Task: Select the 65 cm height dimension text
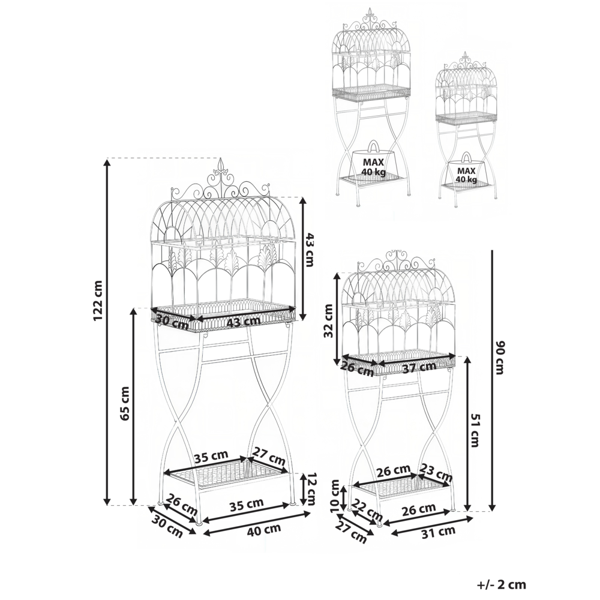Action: [125, 403]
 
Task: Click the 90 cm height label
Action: [499, 358]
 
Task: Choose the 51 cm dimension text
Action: [476, 430]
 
